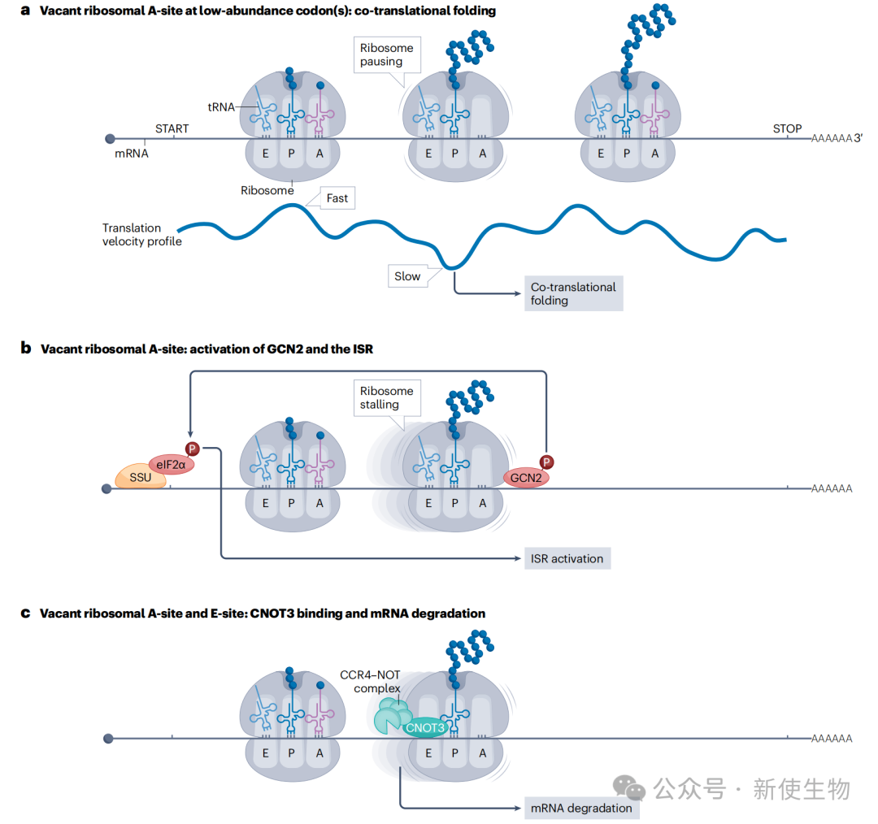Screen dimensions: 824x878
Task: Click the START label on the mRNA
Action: tap(172, 128)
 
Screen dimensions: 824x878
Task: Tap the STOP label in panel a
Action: tap(787, 128)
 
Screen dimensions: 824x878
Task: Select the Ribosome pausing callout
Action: tap(386, 54)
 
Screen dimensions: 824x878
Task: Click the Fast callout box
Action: tap(337, 197)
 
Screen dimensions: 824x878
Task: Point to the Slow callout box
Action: tap(407, 276)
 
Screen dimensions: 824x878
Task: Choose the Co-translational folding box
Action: tap(572, 293)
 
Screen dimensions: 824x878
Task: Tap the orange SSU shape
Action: tap(141, 477)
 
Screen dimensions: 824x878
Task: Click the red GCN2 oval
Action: tap(526, 478)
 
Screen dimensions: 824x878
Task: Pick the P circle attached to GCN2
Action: tap(547, 462)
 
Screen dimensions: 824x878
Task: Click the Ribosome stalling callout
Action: tap(386, 397)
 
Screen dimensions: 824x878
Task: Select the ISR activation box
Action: tap(567, 558)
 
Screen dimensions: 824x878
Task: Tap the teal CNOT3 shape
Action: tap(424, 727)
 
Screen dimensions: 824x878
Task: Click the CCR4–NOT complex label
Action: tap(371, 682)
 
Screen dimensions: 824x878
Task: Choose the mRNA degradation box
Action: tap(580, 808)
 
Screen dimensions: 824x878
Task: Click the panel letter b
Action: tap(26, 349)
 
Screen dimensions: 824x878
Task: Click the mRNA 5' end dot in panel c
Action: tap(108, 738)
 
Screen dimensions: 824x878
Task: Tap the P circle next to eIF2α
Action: tap(193, 449)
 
